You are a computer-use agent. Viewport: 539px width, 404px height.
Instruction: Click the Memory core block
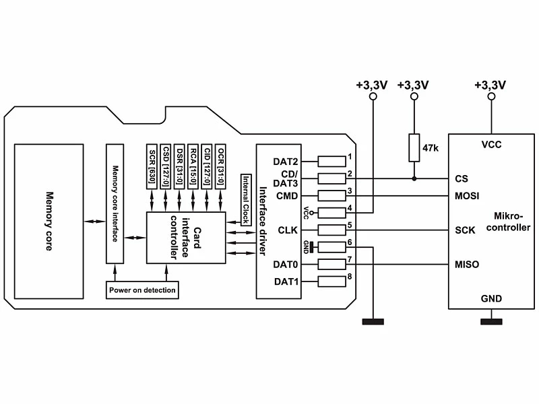coord(49,222)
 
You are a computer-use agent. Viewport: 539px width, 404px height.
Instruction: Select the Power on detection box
coord(142,290)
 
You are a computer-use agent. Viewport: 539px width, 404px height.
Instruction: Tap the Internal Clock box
coord(246,200)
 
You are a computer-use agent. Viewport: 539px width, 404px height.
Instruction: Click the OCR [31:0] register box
coord(220,166)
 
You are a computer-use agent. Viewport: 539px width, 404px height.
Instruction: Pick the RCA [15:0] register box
coord(193,166)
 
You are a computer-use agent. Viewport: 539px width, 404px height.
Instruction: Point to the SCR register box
coord(152,166)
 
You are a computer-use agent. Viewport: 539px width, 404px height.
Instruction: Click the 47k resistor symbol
coord(414,147)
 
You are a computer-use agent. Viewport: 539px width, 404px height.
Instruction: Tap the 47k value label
coord(431,148)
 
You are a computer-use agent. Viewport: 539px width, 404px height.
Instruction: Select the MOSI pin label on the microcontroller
coord(467,196)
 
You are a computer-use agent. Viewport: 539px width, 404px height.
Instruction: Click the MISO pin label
coord(467,265)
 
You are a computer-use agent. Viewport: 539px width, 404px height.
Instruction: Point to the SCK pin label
coord(465,230)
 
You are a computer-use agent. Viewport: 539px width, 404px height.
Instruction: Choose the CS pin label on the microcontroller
coord(462,178)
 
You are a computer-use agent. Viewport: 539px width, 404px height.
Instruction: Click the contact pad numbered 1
coord(331,162)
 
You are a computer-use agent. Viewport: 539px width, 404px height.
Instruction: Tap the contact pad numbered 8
coord(331,281)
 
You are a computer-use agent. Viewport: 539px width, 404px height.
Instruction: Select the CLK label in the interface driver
coord(288,230)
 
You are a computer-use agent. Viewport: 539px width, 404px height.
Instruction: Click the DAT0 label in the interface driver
coord(285,265)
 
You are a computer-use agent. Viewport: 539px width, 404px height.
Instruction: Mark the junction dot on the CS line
coord(414,178)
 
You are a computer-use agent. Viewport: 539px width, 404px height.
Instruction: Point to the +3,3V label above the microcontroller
coord(490,86)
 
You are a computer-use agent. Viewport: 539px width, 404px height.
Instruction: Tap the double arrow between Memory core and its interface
coord(95,222)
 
